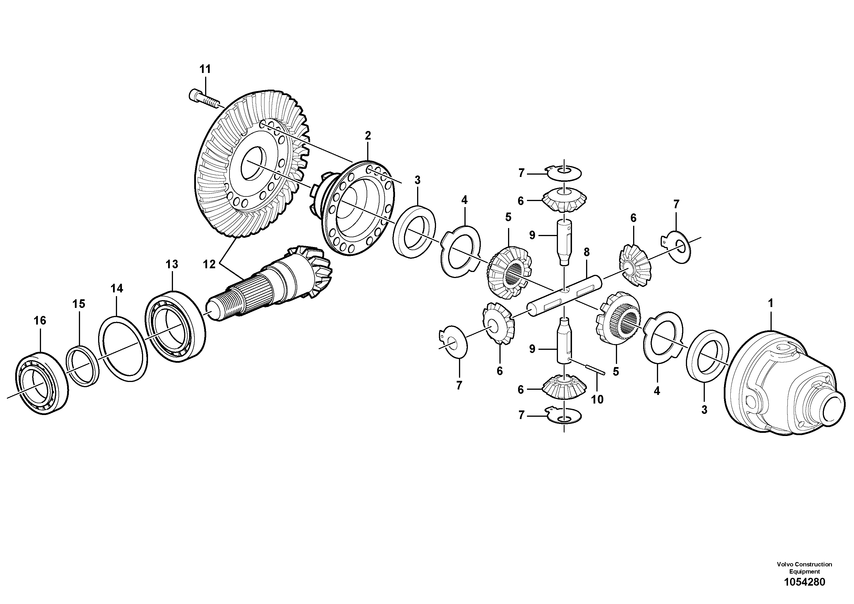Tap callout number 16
tap(40, 320)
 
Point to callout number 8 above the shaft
tap(587, 252)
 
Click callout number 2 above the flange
tap(367, 136)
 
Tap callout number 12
tap(209, 265)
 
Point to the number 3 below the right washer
tap(704, 410)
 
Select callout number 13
tap(172, 265)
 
